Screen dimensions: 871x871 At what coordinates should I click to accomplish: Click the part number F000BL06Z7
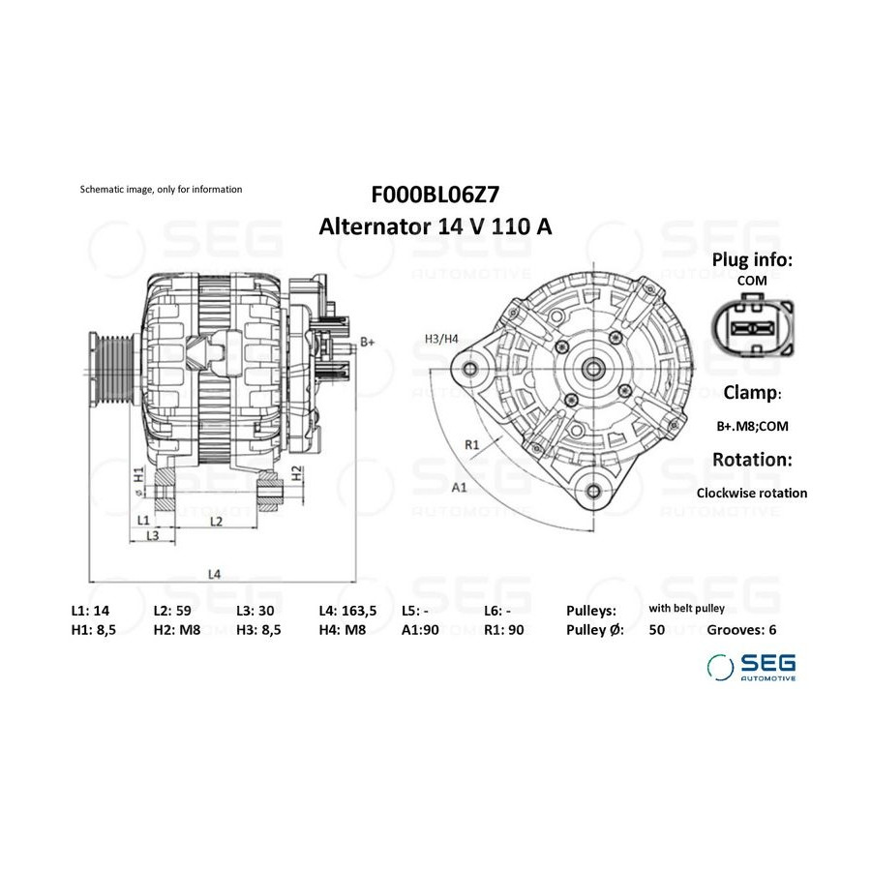click(x=435, y=195)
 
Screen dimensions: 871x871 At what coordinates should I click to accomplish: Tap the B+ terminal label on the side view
click(x=368, y=343)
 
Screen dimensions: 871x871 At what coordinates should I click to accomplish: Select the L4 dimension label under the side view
click(x=215, y=574)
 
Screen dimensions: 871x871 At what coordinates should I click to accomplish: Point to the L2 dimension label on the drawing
click(x=216, y=521)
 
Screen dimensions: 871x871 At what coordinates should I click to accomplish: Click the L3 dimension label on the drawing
click(x=153, y=535)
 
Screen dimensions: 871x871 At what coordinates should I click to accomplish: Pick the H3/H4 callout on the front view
click(x=441, y=339)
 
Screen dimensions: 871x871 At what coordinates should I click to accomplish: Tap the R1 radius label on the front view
click(x=471, y=444)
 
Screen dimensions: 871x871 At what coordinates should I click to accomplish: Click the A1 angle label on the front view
click(x=460, y=488)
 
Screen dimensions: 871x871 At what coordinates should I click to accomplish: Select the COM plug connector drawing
click(x=753, y=327)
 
